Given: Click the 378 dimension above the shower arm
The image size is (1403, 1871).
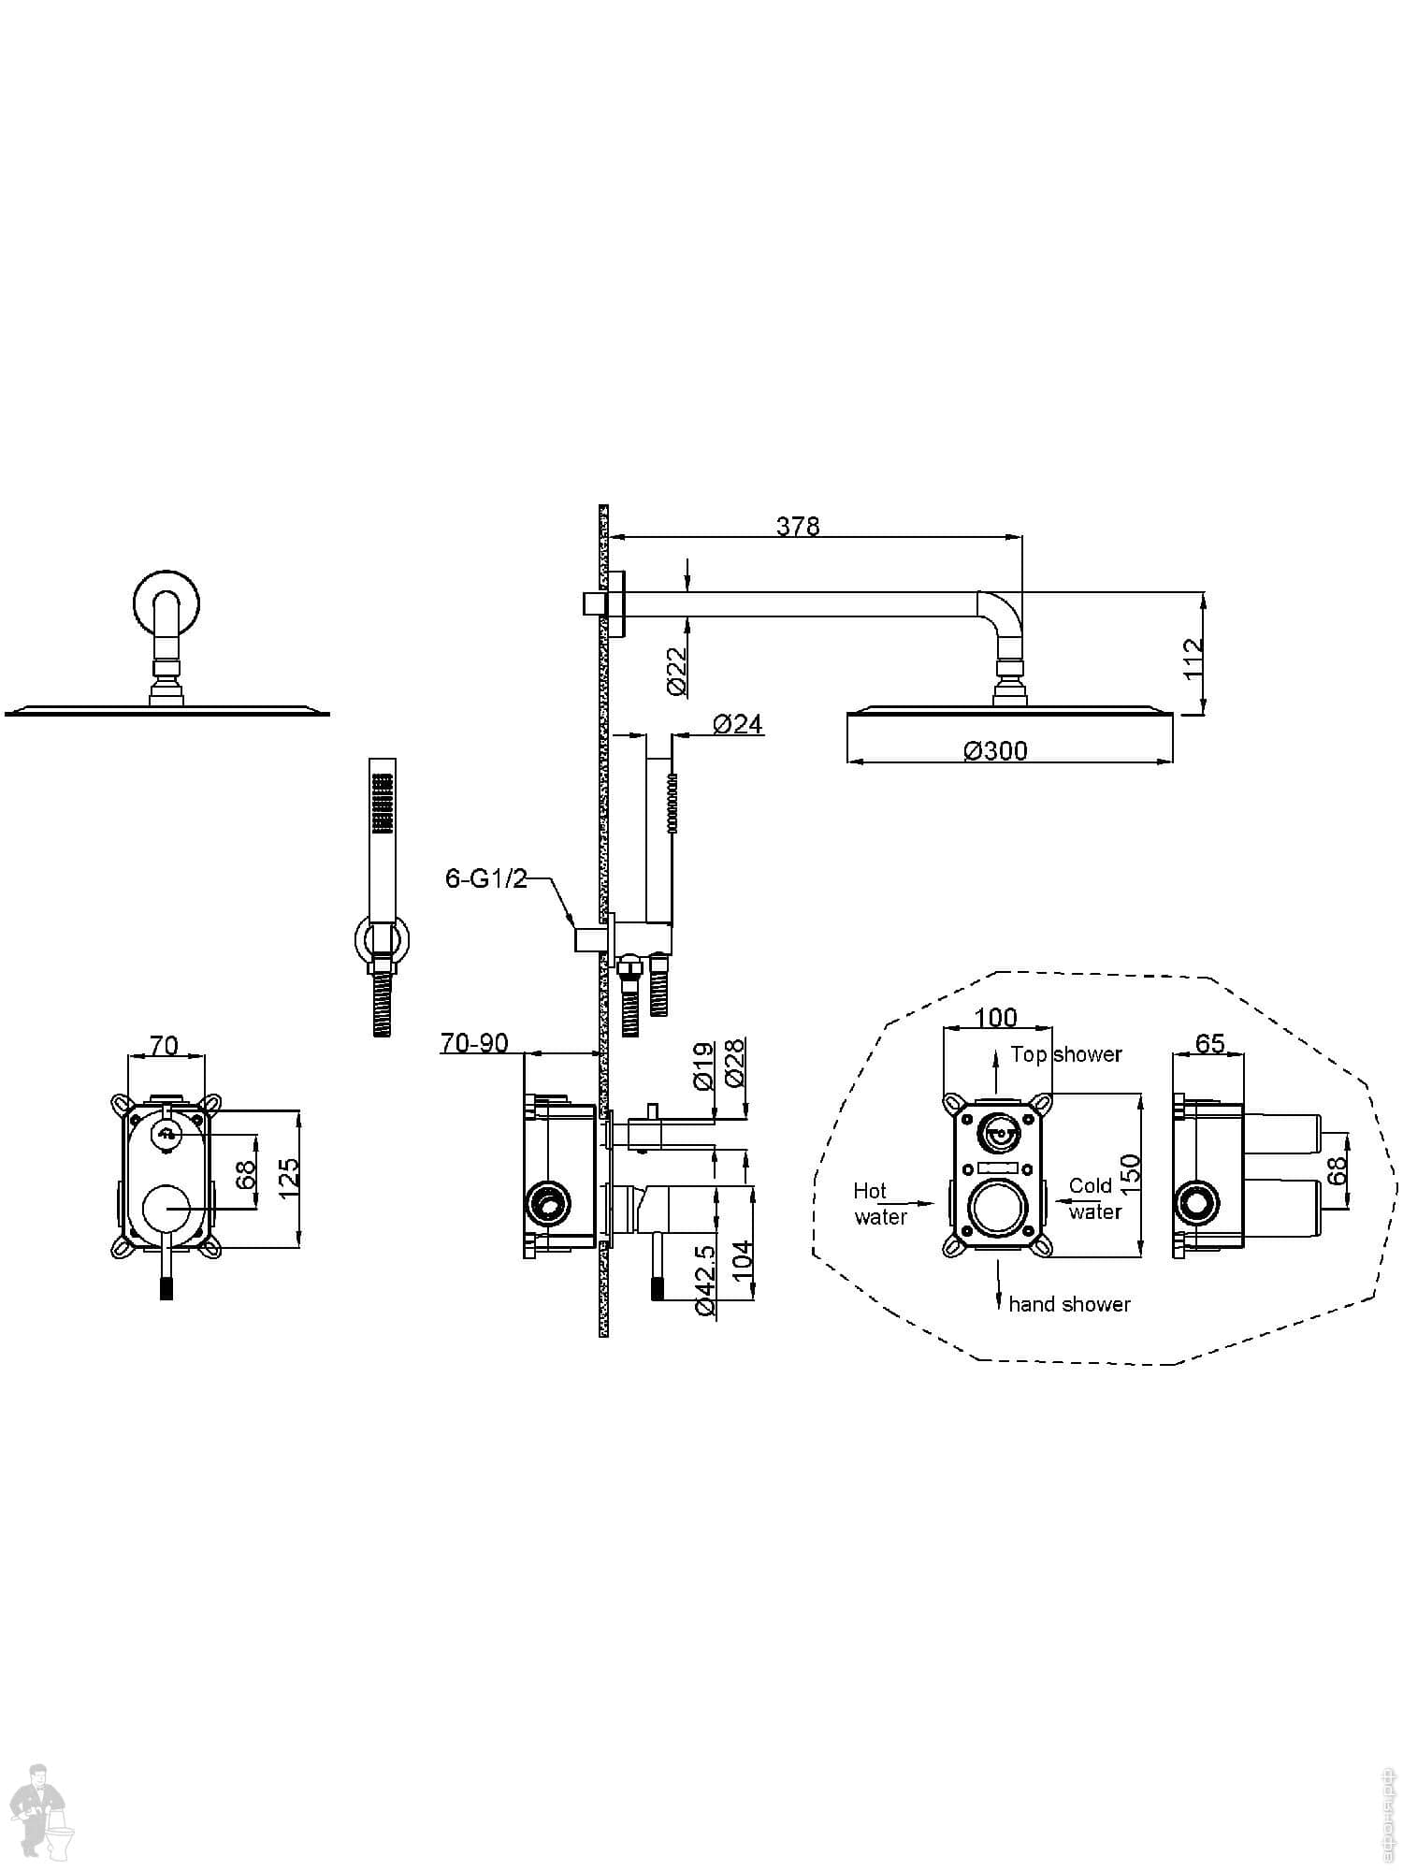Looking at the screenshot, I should pyautogui.click(x=797, y=527).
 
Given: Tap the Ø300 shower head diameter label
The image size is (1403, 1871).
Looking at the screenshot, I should pyautogui.click(x=995, y=751).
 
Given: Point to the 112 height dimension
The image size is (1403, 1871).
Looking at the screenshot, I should pyautogui.click(x=1192, y=659).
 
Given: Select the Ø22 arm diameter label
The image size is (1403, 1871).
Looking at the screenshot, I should pyautogui.click(x=677, y=671).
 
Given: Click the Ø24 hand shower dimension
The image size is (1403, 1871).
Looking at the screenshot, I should pyautogui.click(x=737, y=724).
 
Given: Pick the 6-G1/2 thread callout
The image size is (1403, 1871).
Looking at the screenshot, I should pyautogui.click(x=486, y=878).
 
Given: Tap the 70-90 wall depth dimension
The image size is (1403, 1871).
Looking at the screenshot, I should pyautogui.click(x=474, y=1043).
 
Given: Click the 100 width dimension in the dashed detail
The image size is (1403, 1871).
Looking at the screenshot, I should pyautogui.click(x=995, y=1018).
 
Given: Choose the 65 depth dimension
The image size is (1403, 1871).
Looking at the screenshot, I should pyautogui.click(x=1209, y=1043).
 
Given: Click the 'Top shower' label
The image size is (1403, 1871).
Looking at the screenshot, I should pyautogui.click(x=1065, y=1054).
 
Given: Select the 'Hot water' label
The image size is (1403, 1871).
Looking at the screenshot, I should pyautogui.click(x=878, y=1204).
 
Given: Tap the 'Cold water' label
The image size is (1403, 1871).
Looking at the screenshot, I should pyautogui.click(x=1093, y=1198).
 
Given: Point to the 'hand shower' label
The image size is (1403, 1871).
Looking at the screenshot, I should pyautogui.click(x=1069, y=1304).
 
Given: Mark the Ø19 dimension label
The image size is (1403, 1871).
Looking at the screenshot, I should pyautogui.click(x=704, y=1066).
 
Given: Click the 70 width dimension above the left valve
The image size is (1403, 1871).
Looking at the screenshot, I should pyautogui.click(x=164, y=1045).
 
